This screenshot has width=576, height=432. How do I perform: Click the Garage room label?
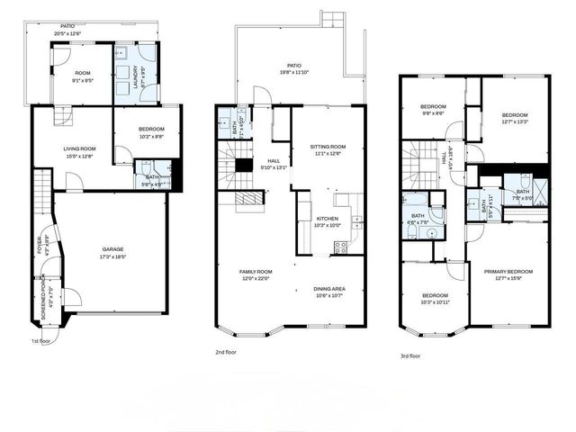pos(112,249)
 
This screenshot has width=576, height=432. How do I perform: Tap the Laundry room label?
pos(136,73)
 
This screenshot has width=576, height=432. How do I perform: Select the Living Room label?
pos(74,148)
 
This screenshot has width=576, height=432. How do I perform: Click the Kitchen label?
pos(327,219)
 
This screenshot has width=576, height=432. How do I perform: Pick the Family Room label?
pos(255,271)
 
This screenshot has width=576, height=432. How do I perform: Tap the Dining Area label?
pos(328,289)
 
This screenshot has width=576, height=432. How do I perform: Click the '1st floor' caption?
pos(41,341)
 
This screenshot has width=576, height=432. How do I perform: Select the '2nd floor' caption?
pos(226,351)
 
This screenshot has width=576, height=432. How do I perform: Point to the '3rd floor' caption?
pos(411,355)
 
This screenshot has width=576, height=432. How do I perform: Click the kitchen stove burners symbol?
pos(340,246)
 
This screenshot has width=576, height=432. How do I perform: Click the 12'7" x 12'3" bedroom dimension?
pos(514,121)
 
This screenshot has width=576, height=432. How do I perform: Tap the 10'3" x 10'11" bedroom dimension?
pos(435,301)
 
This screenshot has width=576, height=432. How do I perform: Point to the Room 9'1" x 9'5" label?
pos(83,76)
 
